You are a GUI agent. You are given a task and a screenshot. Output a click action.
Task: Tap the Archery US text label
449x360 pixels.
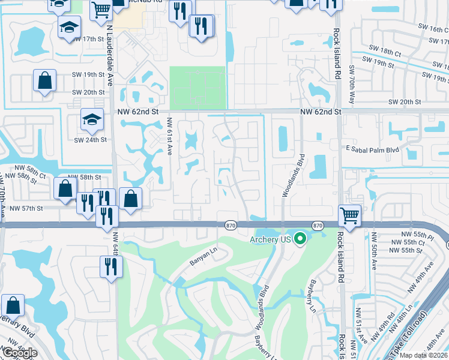(270, 240)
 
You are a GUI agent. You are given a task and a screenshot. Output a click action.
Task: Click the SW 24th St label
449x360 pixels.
(90, 140)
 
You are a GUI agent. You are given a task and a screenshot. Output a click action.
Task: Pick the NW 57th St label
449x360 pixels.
(26, 208)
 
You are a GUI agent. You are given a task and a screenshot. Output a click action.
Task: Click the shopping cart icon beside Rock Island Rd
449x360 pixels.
(349, 214)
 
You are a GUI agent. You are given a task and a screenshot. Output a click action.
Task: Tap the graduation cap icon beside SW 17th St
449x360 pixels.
(69, 26)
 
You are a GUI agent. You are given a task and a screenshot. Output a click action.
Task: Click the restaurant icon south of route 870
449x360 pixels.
(110, 266)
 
